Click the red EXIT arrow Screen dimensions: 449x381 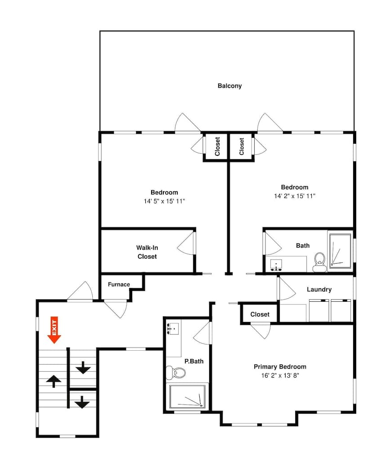(54, 330)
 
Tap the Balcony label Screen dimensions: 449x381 (229, 86)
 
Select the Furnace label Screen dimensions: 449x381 (119, 284)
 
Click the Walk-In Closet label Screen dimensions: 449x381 (147, 252)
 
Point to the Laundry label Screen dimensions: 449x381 (319, 290)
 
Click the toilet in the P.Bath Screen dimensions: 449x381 (176, 372)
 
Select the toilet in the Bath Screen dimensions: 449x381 (320, 261)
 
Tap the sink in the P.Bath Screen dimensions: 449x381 (173, 328)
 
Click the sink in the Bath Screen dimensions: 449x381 (276, 264)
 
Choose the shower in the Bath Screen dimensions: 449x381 (340, 251)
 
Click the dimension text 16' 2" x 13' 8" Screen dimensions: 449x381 (280, 375)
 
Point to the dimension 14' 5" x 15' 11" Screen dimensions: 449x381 (164, 201)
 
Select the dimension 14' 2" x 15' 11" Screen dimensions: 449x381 (295, 196)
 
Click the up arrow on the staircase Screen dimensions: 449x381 (54, 381)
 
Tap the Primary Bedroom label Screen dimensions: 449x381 (280, 366)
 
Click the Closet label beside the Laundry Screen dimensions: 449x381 (260, 314)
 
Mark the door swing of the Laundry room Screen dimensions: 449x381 (287, 290)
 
